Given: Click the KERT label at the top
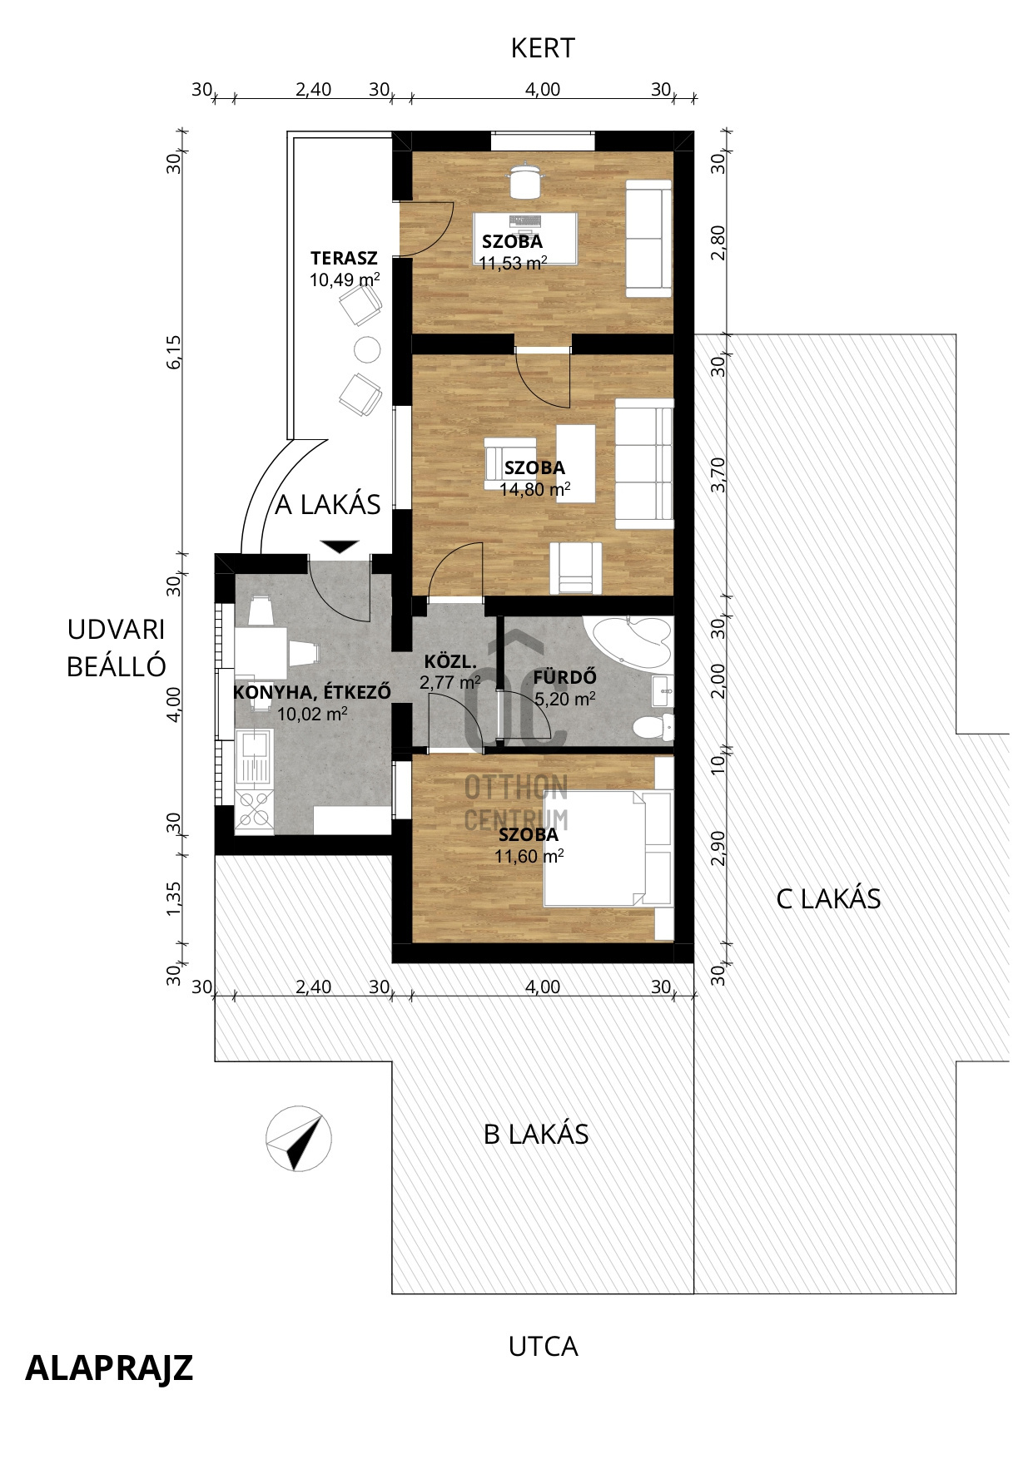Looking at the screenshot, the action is pyautogui.click(x=543, y=48).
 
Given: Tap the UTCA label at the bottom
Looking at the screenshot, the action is pyautogui.click(x=543, y=1347).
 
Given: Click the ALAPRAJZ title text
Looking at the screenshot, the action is pyautogui.click(x=109, y=1368).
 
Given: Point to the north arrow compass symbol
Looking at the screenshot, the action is pyautogui.click(x=298, y=1139).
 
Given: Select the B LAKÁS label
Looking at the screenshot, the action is pyautogui.click(x=536, y=1134).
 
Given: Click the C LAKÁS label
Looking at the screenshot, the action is pyautogui.click(x=828, y=898).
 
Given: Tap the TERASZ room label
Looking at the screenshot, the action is pyautogui.click(x=344, y=258).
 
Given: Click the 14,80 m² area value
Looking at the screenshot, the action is pyautogui.click(x=535, y=489).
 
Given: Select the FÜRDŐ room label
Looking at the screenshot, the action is pyautogui.click(x=565, y=677).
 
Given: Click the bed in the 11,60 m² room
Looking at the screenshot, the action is pyautogui.click(x=607, y=848).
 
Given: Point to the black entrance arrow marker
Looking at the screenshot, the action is pyautogui.click(x=340, y=547).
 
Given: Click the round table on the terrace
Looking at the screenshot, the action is pyautogui.click(x=367, y=349).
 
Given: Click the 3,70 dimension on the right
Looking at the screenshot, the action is pyautogui.click(x=718, y=475).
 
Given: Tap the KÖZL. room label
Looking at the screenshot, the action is pyautogui.click(x=450, y=663).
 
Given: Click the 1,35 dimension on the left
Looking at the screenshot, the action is pyautogui.click(x=173, y=900).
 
